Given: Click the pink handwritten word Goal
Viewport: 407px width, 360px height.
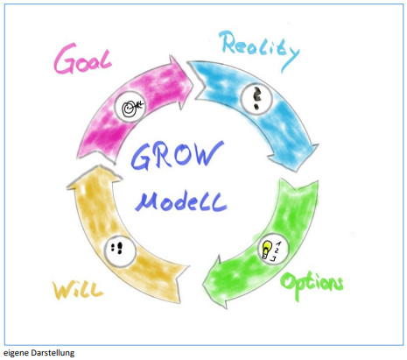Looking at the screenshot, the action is [83, 60].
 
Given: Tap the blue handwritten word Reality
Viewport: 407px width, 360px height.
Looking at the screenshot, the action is [260, 50].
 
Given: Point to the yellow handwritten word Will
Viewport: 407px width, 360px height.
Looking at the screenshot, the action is [78, 290].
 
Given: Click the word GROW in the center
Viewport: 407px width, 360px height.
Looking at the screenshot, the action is [177, 156].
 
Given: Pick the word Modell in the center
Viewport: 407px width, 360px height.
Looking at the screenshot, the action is [181, 201].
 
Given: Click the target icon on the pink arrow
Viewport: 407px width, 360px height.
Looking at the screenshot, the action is [130, 107].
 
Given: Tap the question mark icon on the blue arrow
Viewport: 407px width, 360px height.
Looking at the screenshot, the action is [256, 98].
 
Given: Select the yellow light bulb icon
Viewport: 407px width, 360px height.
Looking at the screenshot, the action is [266, 249].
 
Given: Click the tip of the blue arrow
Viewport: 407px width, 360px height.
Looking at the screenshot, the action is [296, 172].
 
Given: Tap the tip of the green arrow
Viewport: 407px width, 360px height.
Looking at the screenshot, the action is [203, 284].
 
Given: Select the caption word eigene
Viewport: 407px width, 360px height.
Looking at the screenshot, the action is [16, 353].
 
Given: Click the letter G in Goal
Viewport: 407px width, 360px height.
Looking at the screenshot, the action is [66, 59].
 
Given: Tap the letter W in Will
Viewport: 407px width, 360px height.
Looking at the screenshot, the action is [63, 290].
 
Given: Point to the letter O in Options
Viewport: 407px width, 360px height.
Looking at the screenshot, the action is [289, 281].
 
